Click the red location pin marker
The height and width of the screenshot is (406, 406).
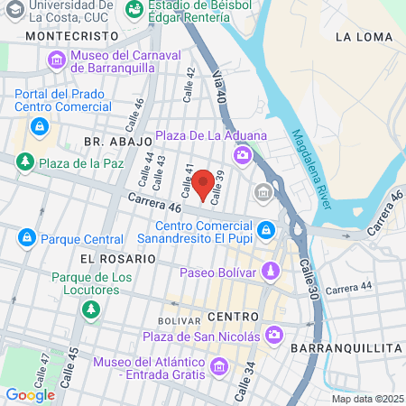tap(204, 183)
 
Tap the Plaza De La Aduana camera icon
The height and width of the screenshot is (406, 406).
tap(242, 156)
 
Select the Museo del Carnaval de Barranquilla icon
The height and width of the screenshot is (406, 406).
tap(57, 60)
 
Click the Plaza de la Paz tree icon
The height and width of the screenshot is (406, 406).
tap(24, 162)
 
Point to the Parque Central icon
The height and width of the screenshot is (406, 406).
tap(26, 238)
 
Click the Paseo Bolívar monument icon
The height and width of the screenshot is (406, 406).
tap(270, 272)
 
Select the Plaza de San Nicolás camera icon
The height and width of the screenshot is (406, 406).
tap(275, 337)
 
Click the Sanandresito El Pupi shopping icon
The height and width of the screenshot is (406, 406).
tap(265, 232)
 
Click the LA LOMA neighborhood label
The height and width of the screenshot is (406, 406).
tap(359, 37)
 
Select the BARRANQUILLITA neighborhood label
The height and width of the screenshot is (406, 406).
tap(346, 347)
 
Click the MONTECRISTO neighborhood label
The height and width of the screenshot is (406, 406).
tap(73, 35)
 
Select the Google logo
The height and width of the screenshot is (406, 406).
tap(30, 394)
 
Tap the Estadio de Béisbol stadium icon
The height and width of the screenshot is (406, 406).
tap(134, 8)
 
